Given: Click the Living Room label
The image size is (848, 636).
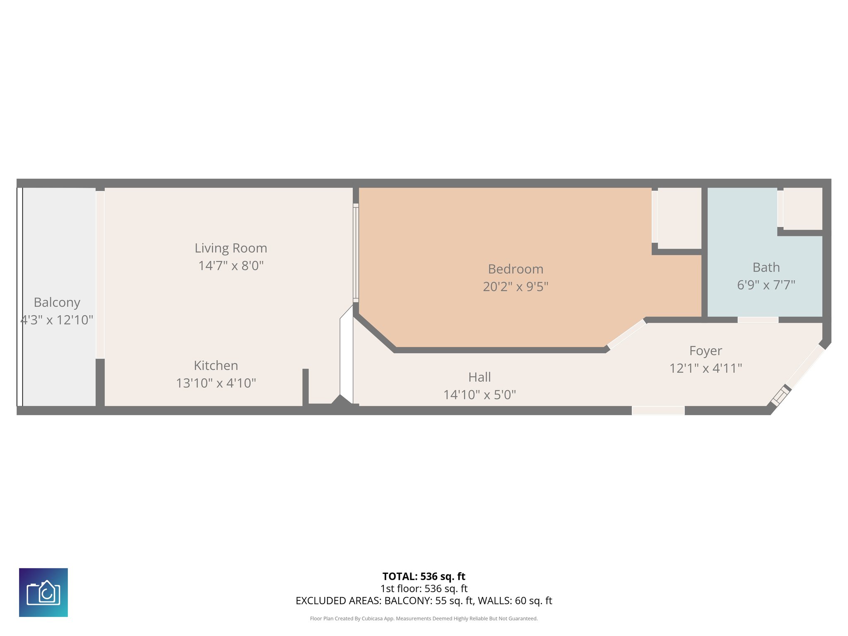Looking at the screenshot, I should click(x=231, y=248).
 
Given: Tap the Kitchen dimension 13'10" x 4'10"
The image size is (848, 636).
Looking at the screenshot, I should click(x=216, y=383).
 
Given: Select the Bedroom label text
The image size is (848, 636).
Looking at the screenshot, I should click(x=515, y=269).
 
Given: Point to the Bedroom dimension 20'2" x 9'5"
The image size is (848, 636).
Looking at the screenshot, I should click(x=515, y=287).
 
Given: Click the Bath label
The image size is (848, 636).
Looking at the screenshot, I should click(x=766, y=267).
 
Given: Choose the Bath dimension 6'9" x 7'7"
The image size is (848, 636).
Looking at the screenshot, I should click(x=766, y=285).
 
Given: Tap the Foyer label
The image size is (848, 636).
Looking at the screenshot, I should click(x=705, y=351).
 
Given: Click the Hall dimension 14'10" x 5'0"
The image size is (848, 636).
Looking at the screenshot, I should click(x=479, y=395).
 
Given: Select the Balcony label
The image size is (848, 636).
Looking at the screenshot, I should click(x=57, y=302).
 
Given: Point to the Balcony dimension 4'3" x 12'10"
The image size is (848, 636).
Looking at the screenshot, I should click(x=57, y=320).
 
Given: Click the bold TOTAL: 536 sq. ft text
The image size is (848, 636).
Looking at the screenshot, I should click(x=424, y=576).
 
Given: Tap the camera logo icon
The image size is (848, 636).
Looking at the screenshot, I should click(x=43, y=592).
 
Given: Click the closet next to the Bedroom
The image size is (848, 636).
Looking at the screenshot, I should click(x=679, y=218).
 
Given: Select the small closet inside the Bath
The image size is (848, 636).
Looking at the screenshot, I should click(x=802, y=208).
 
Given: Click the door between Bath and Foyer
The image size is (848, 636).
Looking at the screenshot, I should click(x=758, y=320).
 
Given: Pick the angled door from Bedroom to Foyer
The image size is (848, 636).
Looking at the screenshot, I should click(x=626, y=334).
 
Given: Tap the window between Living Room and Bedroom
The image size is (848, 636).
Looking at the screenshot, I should click(x=356, y=253).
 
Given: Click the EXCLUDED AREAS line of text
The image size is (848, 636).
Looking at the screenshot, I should click(x=424, y=601).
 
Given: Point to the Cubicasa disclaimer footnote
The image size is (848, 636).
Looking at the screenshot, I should click(x=424, y=619).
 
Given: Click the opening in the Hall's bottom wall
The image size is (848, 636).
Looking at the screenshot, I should click(x=658, y=410).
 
